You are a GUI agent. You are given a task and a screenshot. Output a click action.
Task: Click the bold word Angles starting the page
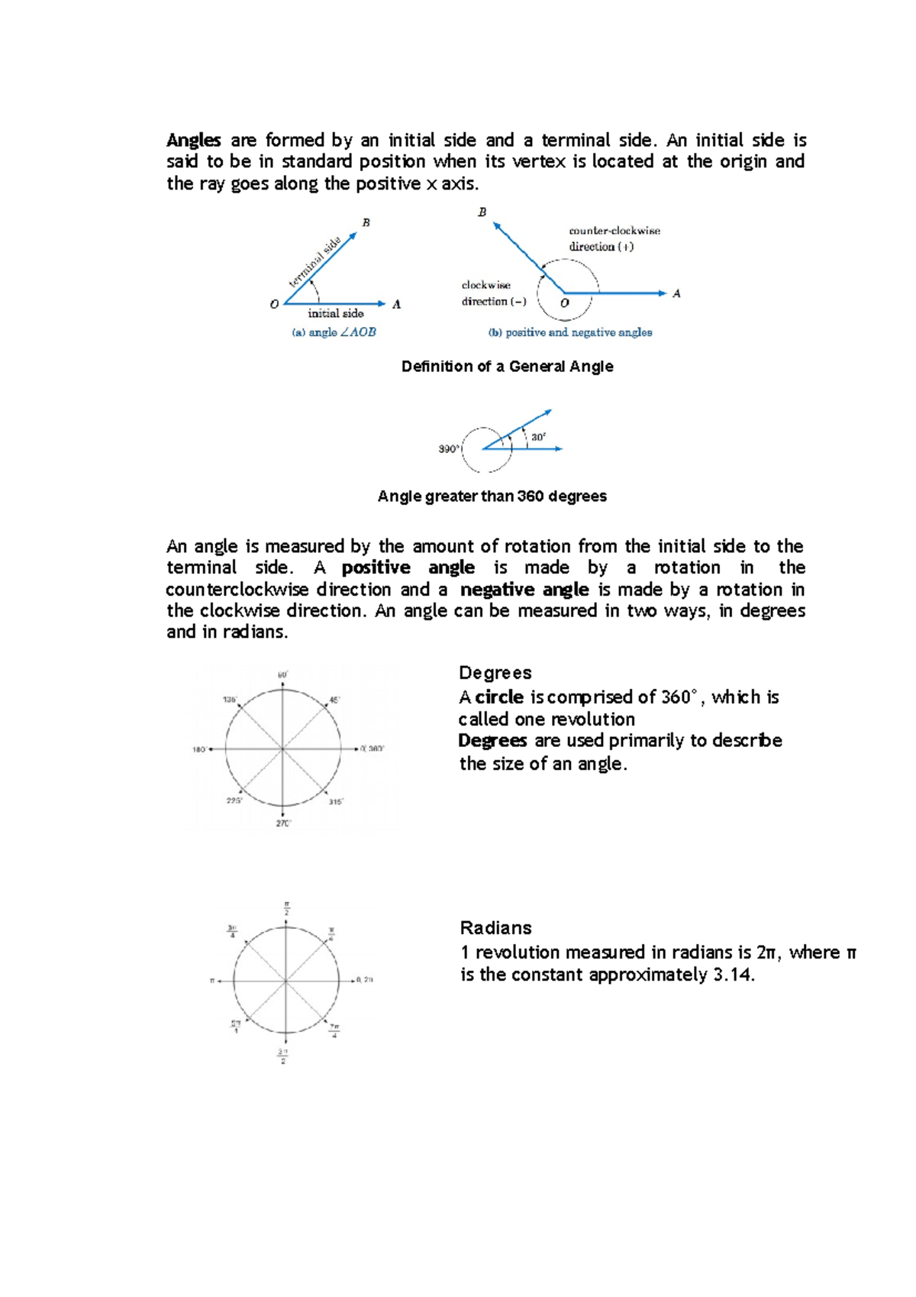coord(194,141)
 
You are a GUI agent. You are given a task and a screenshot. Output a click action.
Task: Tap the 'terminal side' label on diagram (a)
coord(314,262)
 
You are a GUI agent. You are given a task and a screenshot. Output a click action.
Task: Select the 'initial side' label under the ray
coord(336,313)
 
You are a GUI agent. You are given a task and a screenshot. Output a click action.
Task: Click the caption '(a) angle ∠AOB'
coord(334,332)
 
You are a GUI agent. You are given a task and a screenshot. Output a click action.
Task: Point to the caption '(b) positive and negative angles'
coord(570,332)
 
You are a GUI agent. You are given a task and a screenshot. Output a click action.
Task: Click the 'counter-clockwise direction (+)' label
coord(614,238)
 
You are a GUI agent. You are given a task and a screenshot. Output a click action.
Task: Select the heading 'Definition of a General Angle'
coord(507,367)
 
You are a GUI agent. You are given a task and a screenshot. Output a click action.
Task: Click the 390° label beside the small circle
coord(449,449)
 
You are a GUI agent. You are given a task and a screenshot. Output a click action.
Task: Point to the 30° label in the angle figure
coord(539,438)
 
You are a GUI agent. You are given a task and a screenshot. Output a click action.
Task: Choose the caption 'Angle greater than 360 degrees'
coord(492,496)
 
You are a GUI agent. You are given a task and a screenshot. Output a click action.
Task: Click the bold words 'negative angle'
coord(524,590)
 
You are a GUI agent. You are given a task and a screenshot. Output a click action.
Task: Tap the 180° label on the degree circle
coord(199,750)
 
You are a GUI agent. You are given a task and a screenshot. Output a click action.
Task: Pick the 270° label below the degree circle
coord(283,823)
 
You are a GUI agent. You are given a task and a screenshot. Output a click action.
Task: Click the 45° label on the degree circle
coord(334,700)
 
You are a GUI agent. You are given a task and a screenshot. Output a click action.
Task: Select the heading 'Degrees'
coord(495,673)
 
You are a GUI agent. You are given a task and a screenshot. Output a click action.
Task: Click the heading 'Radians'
coord(495,928)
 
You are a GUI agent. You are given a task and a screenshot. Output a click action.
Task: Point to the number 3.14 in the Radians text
coord(731,975)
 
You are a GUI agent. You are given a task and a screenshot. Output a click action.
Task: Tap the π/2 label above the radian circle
coord(286,909)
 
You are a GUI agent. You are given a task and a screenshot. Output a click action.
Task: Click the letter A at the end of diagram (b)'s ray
coord(676,293)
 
